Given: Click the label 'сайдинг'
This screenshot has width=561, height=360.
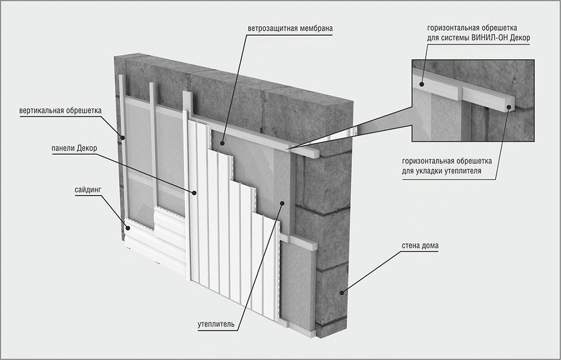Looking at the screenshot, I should pos(88,190).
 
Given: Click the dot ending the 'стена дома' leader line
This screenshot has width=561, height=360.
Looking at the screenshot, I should pos(344,292).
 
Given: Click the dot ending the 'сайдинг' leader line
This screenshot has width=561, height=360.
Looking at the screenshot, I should pos(127,227).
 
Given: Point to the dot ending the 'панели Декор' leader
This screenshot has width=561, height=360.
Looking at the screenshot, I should pos(194,192).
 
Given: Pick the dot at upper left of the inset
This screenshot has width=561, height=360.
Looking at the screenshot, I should pos(422,84).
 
